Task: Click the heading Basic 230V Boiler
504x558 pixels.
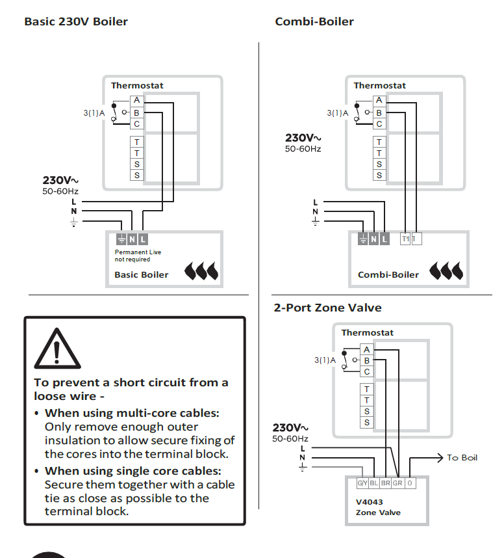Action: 76,21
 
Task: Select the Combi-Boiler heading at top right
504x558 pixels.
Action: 314,21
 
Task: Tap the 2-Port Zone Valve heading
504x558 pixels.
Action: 327,308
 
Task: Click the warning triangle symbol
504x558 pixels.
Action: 57,349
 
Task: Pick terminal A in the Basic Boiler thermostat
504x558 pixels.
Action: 137,101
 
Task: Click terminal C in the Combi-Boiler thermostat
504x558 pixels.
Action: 379,124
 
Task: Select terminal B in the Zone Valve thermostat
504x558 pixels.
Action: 367,360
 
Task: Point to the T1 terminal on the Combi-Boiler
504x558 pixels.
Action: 405,239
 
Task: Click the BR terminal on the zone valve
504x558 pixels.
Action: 386,483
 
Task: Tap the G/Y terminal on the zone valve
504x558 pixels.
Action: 362,483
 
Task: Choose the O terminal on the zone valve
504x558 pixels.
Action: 410,483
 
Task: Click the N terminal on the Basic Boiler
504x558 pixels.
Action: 132,239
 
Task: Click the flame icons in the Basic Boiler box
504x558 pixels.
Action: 201,272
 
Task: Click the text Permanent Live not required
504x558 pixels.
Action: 138,256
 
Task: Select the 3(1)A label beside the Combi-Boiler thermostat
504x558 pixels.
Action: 337,113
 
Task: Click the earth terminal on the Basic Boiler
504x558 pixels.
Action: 121,239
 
